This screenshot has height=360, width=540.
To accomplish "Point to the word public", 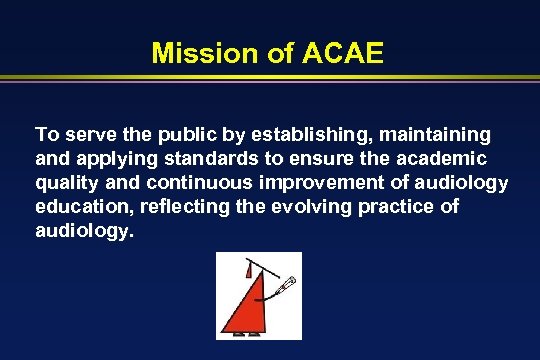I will point(172,134).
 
